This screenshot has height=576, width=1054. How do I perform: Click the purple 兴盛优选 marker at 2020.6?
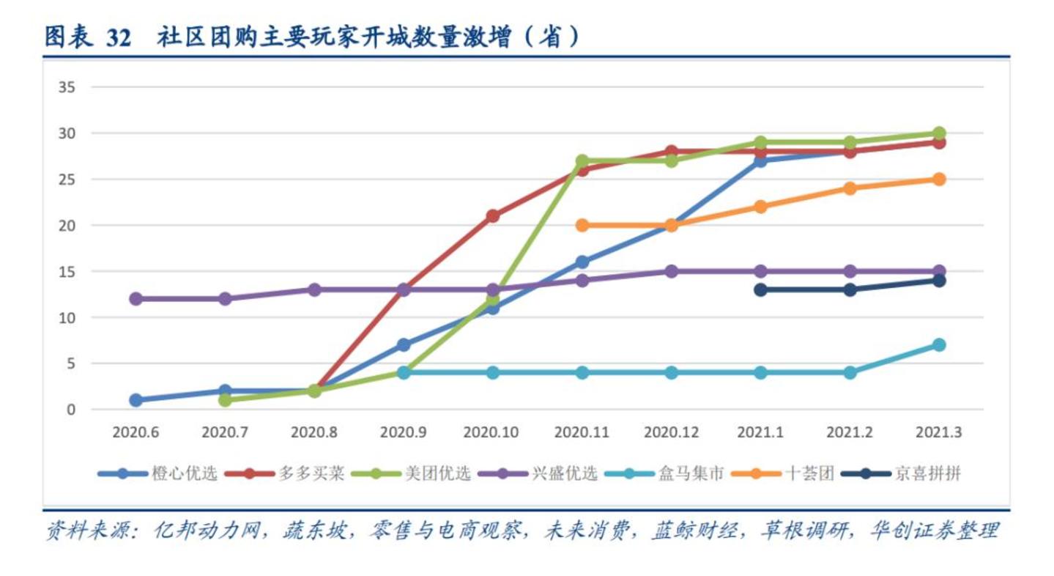tap(136, 298)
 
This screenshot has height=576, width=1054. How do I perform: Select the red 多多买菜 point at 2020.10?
tap(493, 215)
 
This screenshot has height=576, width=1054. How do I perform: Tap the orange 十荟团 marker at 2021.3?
tap(939, 179)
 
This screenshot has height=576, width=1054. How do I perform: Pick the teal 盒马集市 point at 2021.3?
tap(939, 344)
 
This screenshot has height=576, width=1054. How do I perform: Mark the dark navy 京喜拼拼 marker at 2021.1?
tap(760, 289)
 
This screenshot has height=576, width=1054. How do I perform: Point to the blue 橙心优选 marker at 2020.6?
tap(136, 400)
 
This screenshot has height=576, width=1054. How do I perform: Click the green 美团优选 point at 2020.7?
tap(225, 400)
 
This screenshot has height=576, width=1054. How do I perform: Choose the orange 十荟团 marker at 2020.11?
tap(582, 225)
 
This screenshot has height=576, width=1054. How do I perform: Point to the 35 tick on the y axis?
tap(67, 87)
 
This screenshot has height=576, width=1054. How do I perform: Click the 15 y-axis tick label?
tap(67, 271)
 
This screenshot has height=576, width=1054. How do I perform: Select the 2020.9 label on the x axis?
tap(403, 432)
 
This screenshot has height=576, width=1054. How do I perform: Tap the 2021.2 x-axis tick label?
tap(850, 432)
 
